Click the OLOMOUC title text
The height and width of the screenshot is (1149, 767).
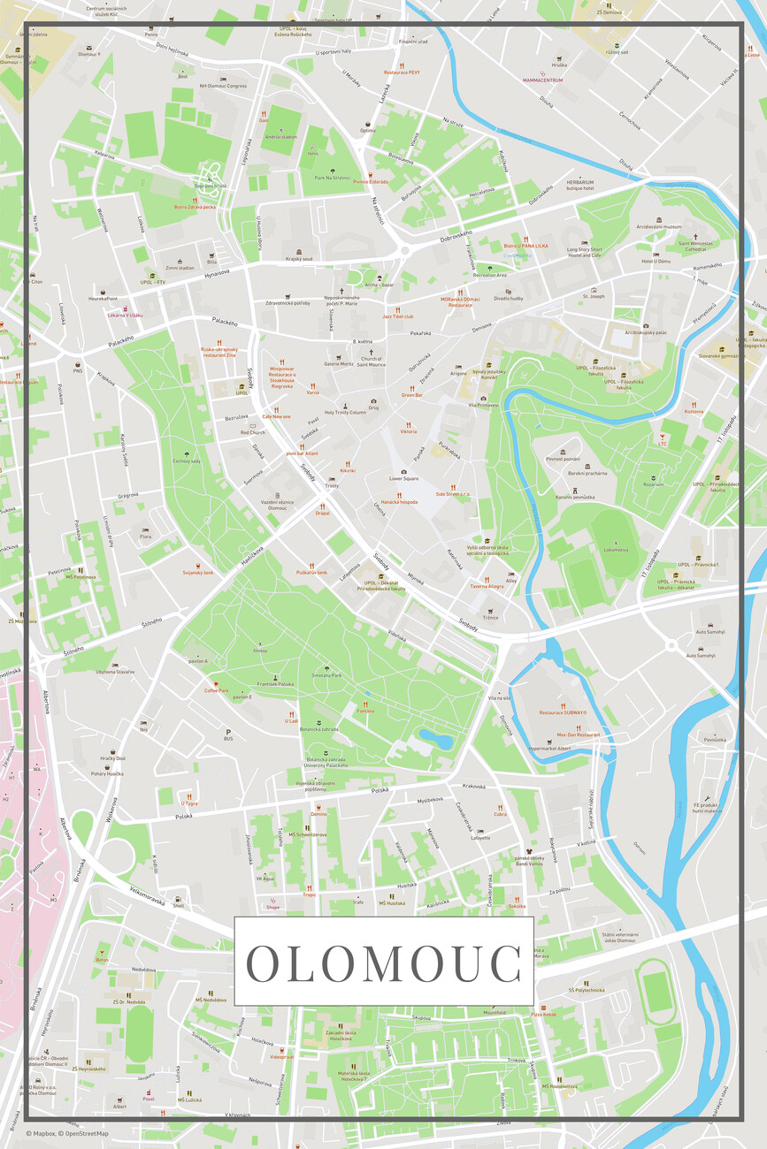point(383,963)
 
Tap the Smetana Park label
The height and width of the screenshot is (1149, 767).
point(326,675)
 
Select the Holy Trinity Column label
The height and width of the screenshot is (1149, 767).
point(345,413)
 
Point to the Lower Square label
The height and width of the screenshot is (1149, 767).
point(403,478)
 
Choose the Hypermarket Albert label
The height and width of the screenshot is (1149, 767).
point(549,748)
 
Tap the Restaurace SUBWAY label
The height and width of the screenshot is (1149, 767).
point(564,712)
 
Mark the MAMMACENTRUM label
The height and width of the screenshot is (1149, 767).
point(543,80)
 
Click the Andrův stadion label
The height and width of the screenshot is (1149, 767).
point(281,137)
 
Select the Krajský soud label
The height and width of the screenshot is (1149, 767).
point(299,259)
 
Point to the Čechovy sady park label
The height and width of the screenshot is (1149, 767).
point(187,460)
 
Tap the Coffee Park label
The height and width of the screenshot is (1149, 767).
point(217,690)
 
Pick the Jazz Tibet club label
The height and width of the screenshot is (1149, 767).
point(398,316)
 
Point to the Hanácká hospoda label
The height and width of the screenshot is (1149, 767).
point(399,502)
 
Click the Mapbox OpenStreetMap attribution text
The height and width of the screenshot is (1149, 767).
point(67,1133)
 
